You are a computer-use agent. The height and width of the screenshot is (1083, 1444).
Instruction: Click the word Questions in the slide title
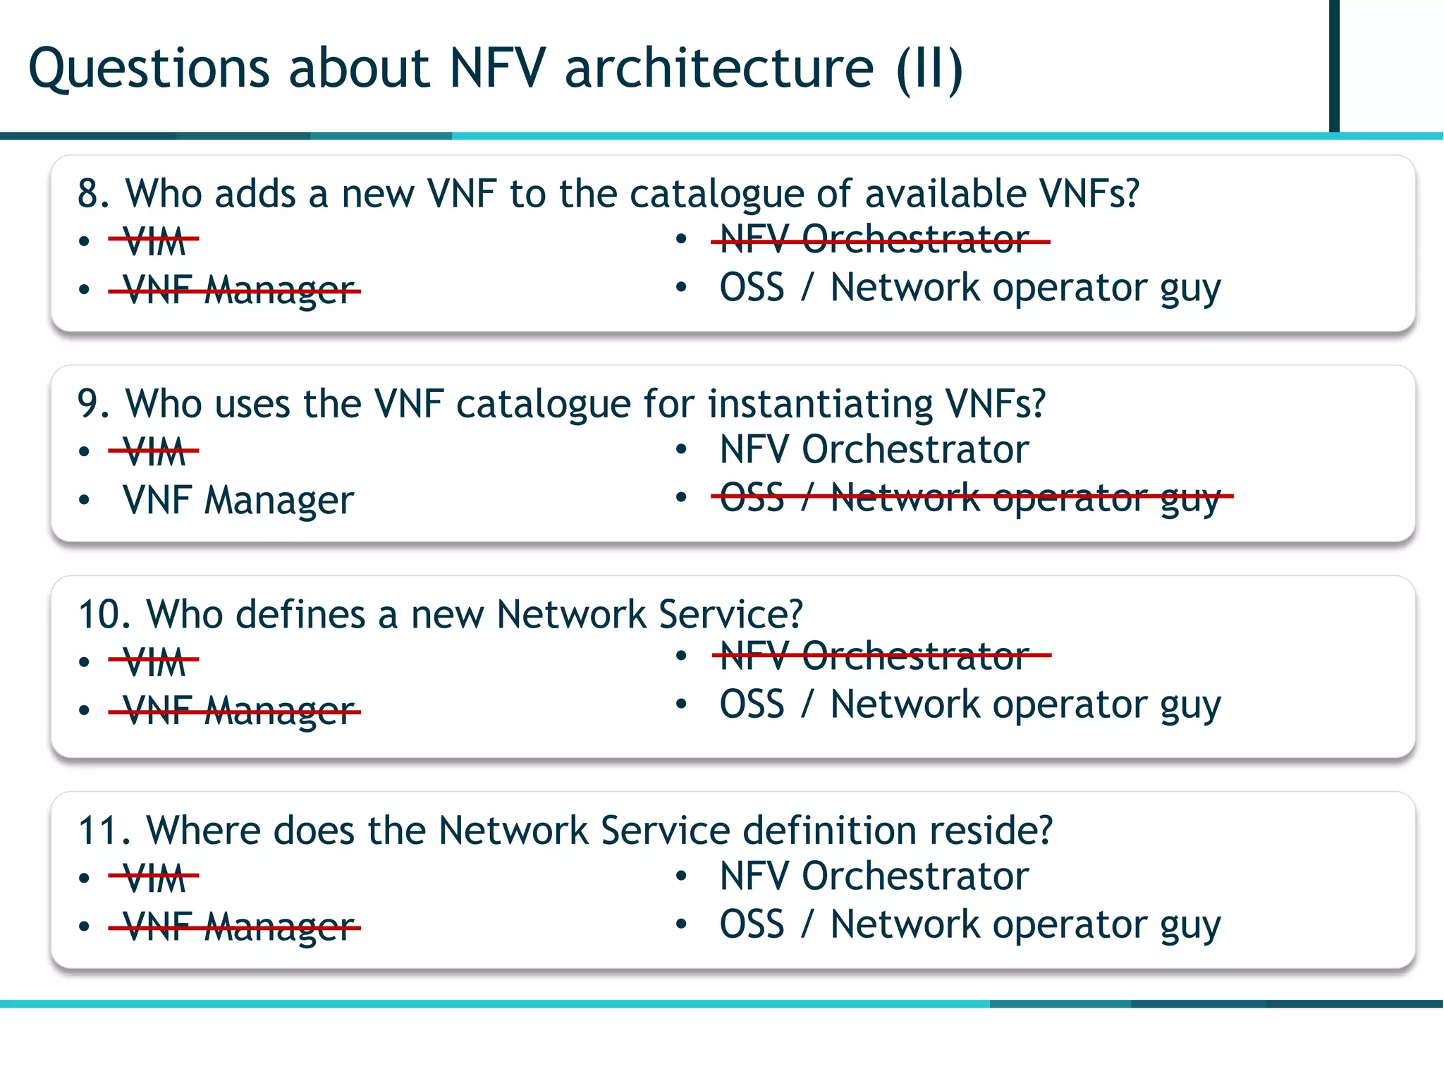pyautogui.click(x=148, y=69)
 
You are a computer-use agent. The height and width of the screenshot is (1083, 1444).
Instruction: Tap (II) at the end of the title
pyautogui.click(x=929, y=69)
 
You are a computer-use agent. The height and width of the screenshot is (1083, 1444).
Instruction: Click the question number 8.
pyautogui.click(x=92, y=194)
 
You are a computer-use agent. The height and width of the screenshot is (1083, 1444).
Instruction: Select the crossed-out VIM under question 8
pyautogui.click(x=154, y=241)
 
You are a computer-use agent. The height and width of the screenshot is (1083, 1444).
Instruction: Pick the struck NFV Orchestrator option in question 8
pyautogui.click(x=874, y=240)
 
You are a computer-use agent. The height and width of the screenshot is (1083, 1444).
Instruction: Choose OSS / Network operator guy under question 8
pyautogui.click(x=969, y=288)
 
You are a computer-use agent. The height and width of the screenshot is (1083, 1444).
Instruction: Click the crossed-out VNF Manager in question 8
pyautogui.click(x=238, y=290)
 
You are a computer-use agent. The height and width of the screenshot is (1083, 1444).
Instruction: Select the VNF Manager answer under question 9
pyautogui.click(x=238, y=501)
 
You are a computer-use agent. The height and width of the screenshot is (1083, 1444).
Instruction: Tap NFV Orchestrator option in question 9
pyautogui.click(x=874, y=449)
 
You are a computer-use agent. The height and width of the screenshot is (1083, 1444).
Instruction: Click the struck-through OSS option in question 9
pyautogui.click(x=969, y=497)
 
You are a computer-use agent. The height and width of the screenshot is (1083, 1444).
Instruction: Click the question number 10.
pyautogui.click(x=103, y=615)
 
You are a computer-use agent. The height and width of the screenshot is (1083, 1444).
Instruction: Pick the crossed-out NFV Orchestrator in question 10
pyautogui.click(x=874, y=656)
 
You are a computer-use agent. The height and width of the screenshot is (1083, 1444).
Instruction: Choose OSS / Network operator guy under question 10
pyautogui.click(x=969, y=704)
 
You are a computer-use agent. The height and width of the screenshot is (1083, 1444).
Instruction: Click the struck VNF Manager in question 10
pyautogui.click(x=238, y=711)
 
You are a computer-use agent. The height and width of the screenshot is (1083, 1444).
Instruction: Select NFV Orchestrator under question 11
pyautogui.click(x=874, y=876)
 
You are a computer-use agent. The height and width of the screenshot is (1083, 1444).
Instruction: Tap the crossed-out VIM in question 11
pyautogui.click(x=154, y=878)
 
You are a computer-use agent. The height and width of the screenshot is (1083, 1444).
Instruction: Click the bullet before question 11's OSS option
pyautogui.click(x=680, y=924)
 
